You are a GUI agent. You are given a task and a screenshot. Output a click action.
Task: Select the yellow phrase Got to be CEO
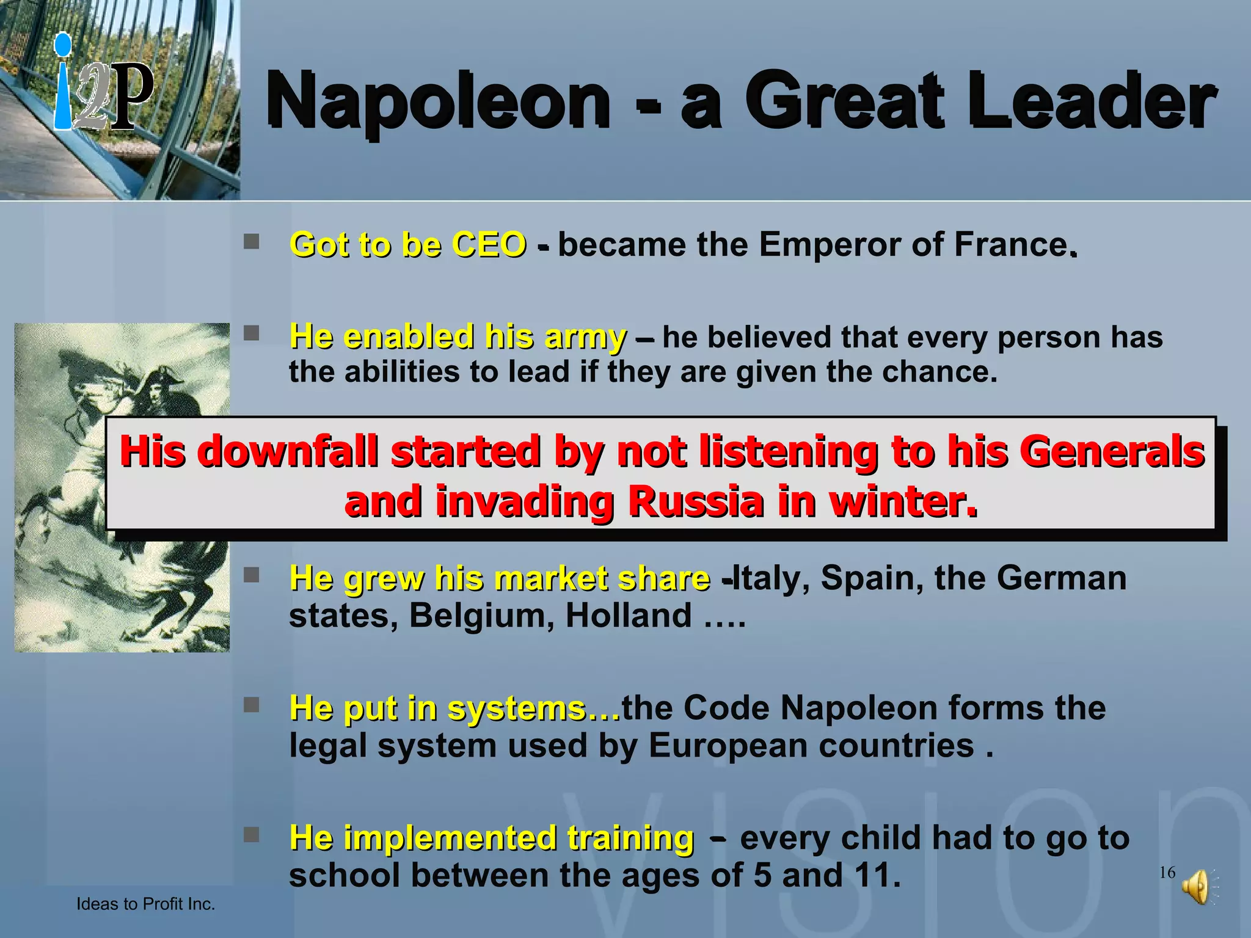408,245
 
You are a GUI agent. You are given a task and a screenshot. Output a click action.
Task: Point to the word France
1010,245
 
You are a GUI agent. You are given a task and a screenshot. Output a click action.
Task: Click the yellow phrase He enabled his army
458,336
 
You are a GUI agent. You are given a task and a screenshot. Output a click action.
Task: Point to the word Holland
629,616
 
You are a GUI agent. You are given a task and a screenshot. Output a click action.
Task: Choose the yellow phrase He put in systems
454,708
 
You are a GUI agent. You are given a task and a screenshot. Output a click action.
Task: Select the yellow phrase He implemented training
492,838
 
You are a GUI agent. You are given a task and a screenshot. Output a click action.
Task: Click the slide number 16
1167,873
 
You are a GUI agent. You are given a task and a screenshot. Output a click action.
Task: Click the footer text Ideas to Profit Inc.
145,904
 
